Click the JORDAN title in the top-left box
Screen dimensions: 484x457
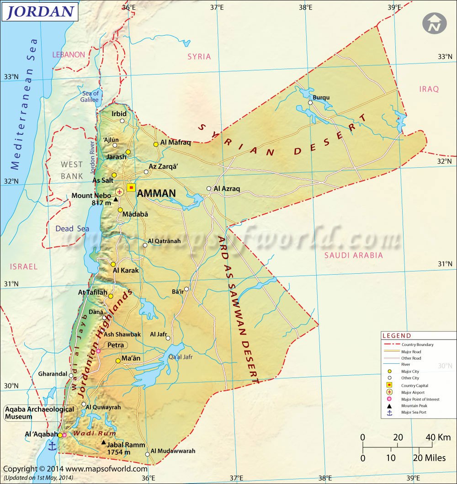click(x=40, y=11)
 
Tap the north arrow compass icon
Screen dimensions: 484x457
click(x=434, y=23)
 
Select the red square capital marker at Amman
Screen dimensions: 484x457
click(x=132, y=187)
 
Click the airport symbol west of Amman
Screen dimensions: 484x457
click(x=119, y=191)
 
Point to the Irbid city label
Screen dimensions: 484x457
click(x=119, y=113)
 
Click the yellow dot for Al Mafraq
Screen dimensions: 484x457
click(x=156, y=144)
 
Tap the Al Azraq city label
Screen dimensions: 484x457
click(x=227, y=188)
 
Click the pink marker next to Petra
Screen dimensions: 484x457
click(x=98, y=351)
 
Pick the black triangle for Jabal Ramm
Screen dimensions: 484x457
click(x=104, y=442)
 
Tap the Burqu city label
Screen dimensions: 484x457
click(x=321, y=97)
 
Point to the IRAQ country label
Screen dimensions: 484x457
click(x=429, y=89)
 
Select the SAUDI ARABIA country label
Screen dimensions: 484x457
click(x=353, y=255)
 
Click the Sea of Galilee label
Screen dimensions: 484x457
click(x=90, y=96)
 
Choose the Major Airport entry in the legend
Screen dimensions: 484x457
click(x=413, y=392)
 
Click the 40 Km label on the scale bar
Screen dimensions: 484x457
click(x=438, y=437)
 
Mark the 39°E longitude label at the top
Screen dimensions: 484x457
click(x=394, y=7)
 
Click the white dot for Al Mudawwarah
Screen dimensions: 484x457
click(x=147, y=454)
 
